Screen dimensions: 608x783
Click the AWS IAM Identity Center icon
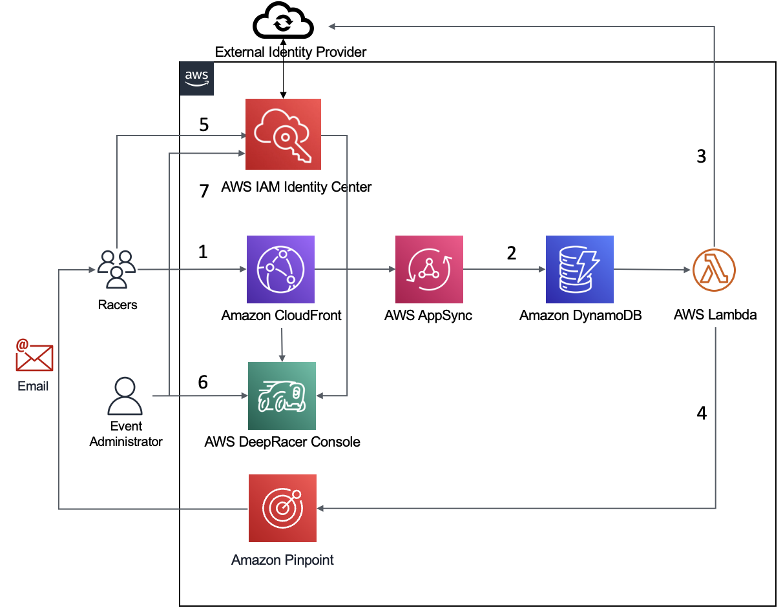(283, 134)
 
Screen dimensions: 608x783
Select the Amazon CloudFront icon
(281, 269)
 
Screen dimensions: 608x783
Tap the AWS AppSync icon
(429, 269)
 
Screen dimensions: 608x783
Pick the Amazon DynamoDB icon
(579, 269)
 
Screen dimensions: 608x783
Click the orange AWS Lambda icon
(715, 270)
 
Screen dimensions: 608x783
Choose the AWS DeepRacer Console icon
(282, 396)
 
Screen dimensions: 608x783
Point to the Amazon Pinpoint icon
(282, 508)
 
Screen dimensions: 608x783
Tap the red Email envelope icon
(34, 356)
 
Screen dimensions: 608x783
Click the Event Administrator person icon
(125, 396)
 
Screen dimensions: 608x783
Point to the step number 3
(701, 156)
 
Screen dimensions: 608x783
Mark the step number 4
(702, 413)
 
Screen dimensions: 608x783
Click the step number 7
(204, 191)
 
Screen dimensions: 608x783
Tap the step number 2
(512, 253)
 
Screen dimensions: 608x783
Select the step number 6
(203, 382)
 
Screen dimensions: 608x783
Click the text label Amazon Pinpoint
(282, 560)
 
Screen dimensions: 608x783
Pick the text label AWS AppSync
(428, 316)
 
